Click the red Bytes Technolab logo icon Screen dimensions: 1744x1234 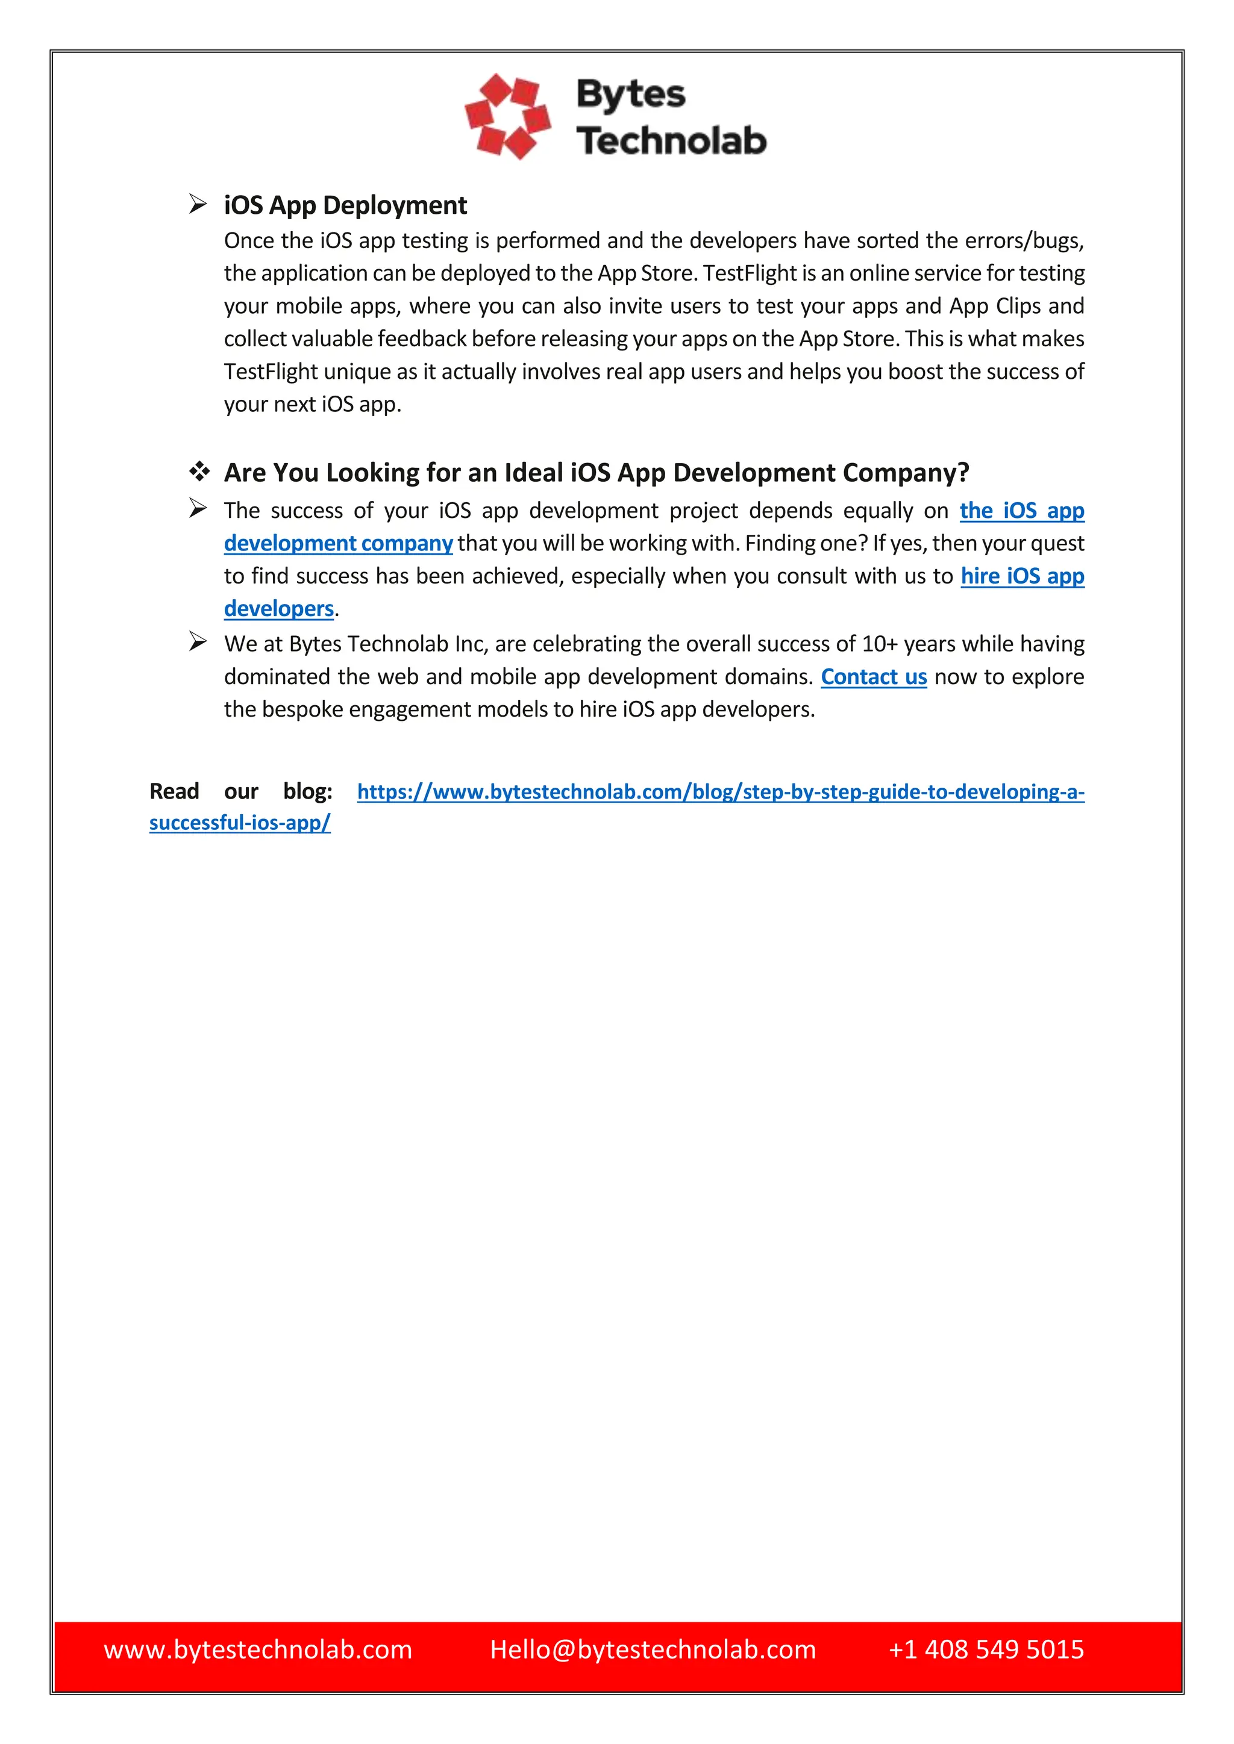[507, 116]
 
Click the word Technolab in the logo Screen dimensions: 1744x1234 [671, 142]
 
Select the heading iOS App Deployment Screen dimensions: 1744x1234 [345, 205]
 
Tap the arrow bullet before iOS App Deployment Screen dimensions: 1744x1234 [198, 204]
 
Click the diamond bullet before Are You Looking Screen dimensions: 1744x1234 [199, 472]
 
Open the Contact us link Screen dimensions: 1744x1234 [873, 677]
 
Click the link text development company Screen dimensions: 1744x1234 [338, 543]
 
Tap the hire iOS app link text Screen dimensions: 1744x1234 [1021, 576]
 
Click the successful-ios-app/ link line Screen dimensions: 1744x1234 [239, 823]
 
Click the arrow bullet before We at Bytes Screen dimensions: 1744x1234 [198, 642]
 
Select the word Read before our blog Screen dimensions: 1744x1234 [174, 791]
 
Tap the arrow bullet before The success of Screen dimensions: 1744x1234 [198, 508]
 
